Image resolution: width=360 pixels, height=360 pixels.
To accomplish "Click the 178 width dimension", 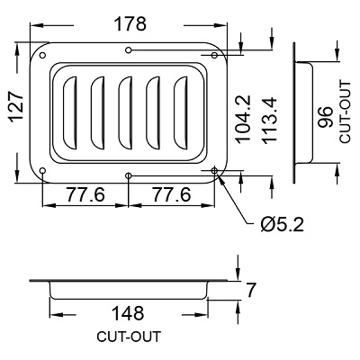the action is (x=131, y=24).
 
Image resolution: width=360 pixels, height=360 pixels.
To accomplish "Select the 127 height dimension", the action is (x=16, y=107).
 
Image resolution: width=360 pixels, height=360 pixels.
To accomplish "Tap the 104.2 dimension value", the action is (x=242, y=119).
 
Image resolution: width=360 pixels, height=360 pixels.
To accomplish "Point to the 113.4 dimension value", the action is (x=269, y=120).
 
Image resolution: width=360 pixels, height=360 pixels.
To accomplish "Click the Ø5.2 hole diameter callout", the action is (x=283, y=224).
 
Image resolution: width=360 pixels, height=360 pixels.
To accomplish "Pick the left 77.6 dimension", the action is (x=85, y=194).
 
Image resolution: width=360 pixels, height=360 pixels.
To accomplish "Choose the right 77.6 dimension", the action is (x=172, y=194).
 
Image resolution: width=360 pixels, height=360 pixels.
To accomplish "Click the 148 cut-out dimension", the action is (x=128, y=313).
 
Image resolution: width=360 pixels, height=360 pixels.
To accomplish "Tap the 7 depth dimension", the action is (x=250, y=290).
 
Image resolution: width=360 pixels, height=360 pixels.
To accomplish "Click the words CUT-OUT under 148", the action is (x=129, y=337).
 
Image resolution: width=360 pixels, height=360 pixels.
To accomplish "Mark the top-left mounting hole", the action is (x=42, y=55).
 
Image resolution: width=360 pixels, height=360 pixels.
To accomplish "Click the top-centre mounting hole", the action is (x=129, y=49).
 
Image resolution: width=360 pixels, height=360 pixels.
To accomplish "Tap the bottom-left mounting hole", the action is (x=42, y=171).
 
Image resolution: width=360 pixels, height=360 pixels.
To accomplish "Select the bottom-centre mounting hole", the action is (x=129, y=175).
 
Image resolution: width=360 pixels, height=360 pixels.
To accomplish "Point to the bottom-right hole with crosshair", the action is (x=214, y=171).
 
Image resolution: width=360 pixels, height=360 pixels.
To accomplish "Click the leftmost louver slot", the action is (x=70, y=112).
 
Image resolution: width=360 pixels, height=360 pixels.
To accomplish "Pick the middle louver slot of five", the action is (x=125, y=112).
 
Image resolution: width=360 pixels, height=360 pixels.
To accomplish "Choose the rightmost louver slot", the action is (x=181, y=112).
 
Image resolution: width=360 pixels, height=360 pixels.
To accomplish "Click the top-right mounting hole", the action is (x=214, y=55).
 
